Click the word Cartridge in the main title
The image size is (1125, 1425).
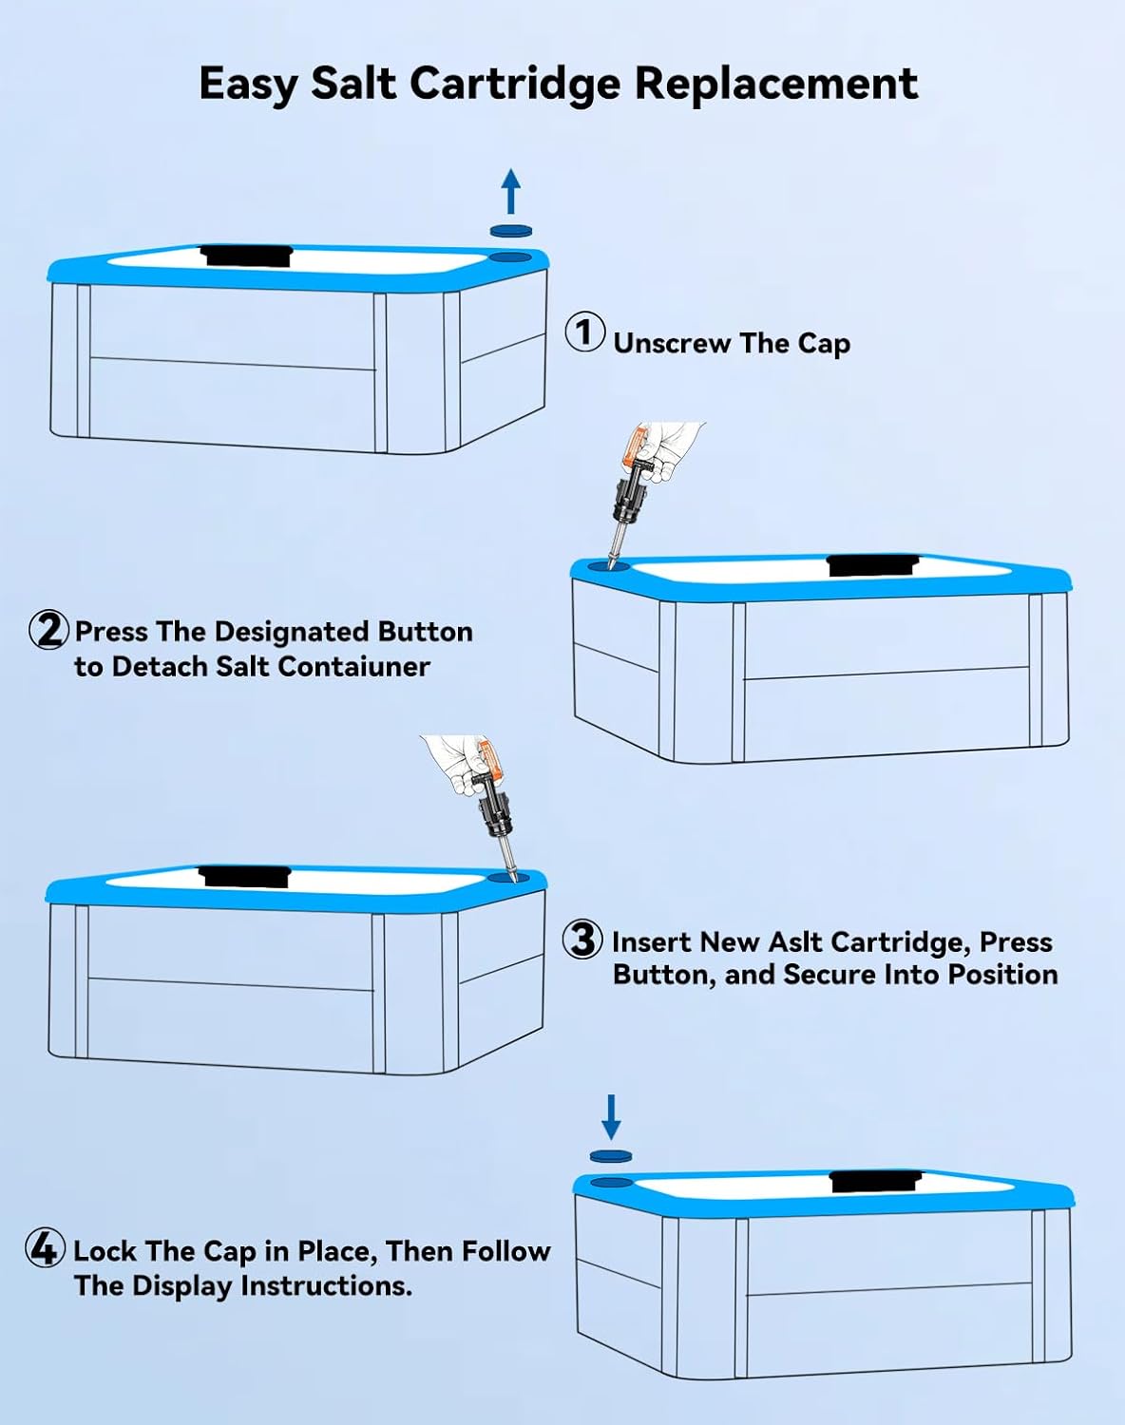tap(515, 85)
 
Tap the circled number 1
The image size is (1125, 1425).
tap(585, 332)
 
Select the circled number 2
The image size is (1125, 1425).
tap(48, 630)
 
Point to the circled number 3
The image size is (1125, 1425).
tap(582, 940)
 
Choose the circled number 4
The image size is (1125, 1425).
tap(45, 1248)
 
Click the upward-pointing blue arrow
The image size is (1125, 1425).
tap(511, 191)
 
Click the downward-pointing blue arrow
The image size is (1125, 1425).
tap(611, 1116)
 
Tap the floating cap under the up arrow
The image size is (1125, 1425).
tap(511, 230)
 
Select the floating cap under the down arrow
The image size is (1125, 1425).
tap(610, 1156)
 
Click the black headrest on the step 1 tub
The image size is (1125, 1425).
tap(247, 256)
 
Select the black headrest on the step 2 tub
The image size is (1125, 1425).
tap(873, 565)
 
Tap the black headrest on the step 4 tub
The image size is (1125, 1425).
tap(875, 1181)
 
